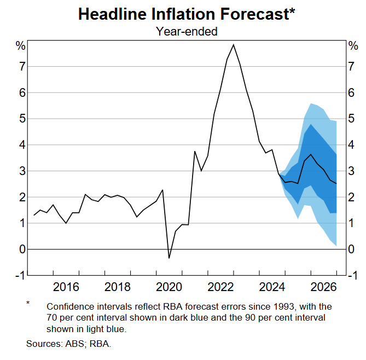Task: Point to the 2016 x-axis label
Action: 66,287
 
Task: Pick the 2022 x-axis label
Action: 221,287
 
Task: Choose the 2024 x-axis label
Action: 272,287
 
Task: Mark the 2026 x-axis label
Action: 324,287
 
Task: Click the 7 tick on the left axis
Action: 21,67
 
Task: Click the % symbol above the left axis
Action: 20,46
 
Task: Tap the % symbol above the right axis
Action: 353,46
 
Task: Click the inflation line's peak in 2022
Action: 234,44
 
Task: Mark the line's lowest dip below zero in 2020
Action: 169,258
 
